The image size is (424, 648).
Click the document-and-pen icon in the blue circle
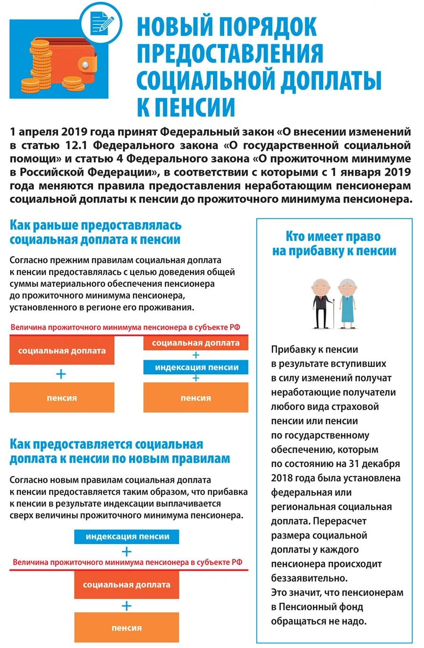coord(102,22)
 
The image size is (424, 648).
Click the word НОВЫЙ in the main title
coord(174,27)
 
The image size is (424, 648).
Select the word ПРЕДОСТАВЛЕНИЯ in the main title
coord(230,54)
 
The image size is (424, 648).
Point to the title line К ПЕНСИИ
coord(186,107)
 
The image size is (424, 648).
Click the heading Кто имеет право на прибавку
coord(334,243)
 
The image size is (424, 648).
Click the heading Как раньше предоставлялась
coord(95,232)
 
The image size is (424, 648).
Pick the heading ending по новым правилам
coord(120,452)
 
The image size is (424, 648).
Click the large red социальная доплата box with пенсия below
coord(62,351)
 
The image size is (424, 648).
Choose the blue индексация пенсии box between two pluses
coord(196,367)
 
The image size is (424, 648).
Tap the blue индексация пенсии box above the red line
coord(127,536)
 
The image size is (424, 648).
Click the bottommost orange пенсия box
coord(127,628)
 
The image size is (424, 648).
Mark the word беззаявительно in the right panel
coord(309,578)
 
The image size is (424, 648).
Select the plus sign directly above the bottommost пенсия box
coord(126,606)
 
